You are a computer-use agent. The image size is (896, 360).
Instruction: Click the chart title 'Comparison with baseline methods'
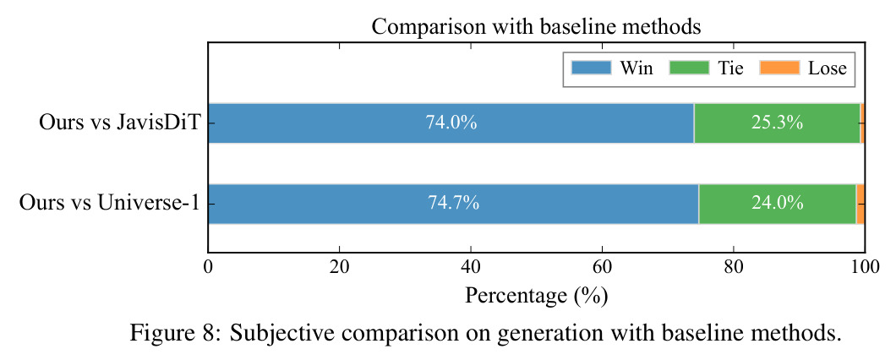(x=536, y=26)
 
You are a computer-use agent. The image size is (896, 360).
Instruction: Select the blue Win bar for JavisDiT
(x=451, y=123)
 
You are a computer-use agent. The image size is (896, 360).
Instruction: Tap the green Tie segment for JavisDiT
(x=777, y=123)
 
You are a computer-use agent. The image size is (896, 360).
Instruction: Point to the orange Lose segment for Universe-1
(x=860, y=204)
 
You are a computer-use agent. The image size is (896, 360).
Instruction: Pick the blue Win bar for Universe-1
(x=453, y=204)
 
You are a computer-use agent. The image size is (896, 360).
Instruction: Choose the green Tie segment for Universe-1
(x=778, y=204)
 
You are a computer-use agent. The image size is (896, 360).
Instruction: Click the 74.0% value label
(x=451, y=123)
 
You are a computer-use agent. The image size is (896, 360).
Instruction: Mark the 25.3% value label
(x=777, y=123)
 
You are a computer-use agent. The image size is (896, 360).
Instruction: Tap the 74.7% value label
(x=453, y=204)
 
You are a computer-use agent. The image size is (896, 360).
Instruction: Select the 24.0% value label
(x=778, y=204)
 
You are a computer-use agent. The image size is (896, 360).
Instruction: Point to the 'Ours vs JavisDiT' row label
(x=118, y=123)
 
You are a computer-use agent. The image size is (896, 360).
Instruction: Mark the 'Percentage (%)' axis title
(x=536, y=296)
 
